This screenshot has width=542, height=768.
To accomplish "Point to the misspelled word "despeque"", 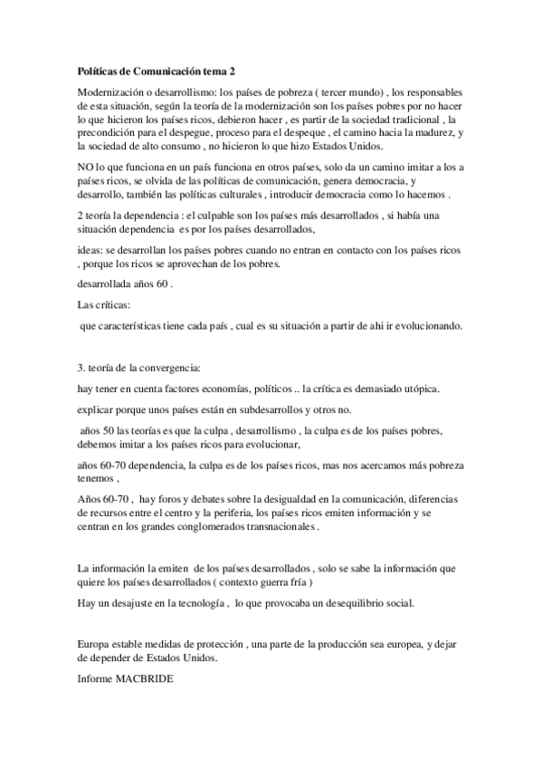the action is [x=296, y=132].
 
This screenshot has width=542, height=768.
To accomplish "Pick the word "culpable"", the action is [x=230, y=215].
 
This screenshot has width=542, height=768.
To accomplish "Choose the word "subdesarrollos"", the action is [x=265, y=408].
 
